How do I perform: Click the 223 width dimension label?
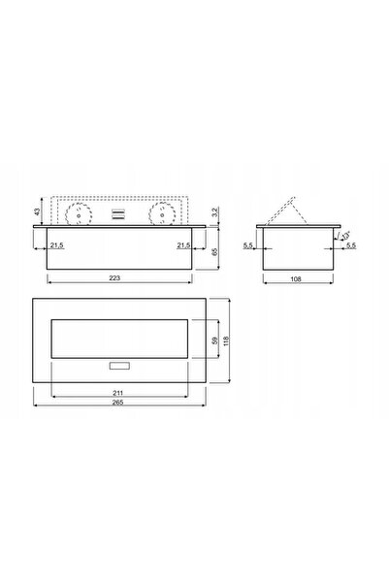[114, 277]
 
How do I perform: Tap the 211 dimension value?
[117, 393]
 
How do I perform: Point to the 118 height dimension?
[226, 340]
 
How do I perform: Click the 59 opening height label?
[214, 340]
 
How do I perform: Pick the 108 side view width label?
[296, 278]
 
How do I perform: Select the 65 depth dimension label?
[214, 251]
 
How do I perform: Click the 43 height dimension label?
[37, 211]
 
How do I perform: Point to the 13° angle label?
[346, 236]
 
